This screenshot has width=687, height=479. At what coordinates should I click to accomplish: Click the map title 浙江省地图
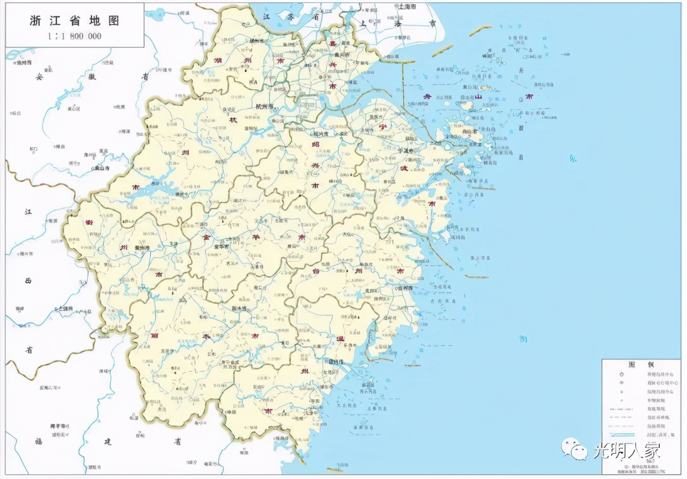coord(74,21)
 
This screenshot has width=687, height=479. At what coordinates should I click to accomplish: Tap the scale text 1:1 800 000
coord(75,36)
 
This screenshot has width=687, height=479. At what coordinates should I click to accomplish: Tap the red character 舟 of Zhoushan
coord(427,96)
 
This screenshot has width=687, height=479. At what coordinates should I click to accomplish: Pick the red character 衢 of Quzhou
coord(89,222)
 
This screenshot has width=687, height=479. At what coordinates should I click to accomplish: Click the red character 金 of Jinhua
coord(206,236)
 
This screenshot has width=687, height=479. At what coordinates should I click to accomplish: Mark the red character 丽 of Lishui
coord(154,336)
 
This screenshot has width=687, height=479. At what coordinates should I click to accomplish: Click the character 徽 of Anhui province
coord(92,77)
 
